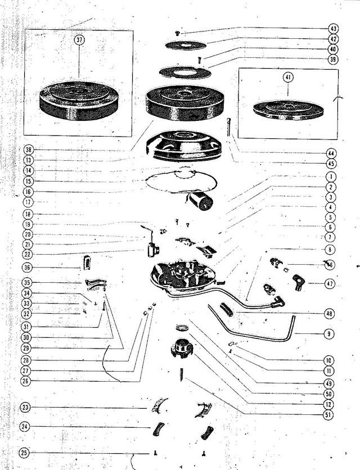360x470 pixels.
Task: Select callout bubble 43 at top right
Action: click(x=332, y=29)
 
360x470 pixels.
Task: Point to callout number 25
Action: click(x=25, y=452)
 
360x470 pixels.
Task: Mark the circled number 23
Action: click(x=25, y=408)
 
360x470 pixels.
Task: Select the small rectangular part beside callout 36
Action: click(x=87, y=262)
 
